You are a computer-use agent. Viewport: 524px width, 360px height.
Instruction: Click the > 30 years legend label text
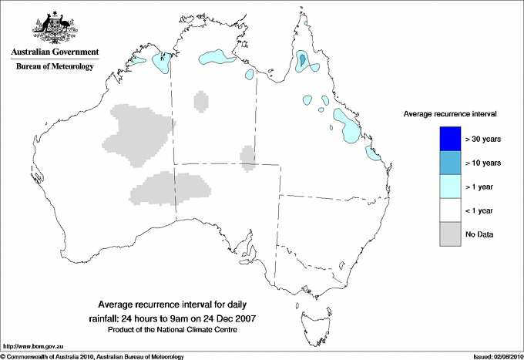pos(484,139)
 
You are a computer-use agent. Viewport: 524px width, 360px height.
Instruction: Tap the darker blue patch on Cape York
pos(303,59)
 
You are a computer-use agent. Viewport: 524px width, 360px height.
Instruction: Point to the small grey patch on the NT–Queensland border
pos(248,155)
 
